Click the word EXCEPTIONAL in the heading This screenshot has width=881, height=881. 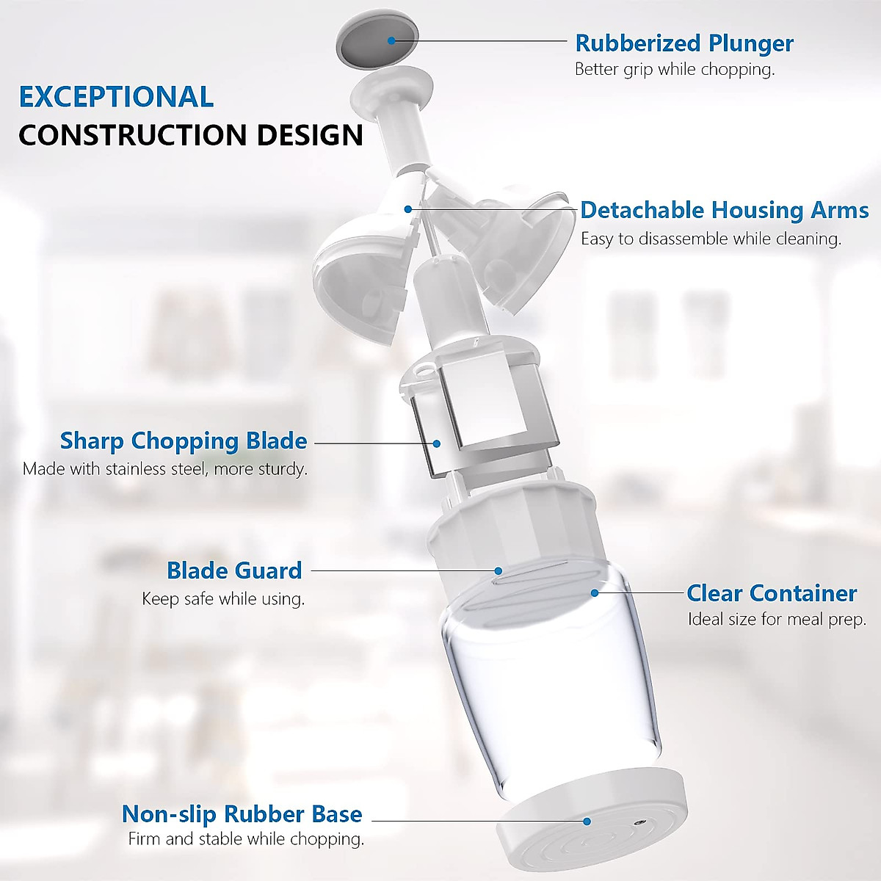click(116, 97)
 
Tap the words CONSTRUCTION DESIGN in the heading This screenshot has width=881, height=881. click(191, 135)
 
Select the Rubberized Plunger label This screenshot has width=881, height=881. click(684, 43)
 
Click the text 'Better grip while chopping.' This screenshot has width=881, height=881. click(675, 70)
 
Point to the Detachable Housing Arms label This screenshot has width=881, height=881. click(724, 211)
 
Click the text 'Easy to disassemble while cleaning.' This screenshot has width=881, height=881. click(711, 239)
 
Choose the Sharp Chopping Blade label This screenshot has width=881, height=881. click(184, 441)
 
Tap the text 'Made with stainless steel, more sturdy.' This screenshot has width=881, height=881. click(165, 469)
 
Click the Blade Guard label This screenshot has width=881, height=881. click(234, 570)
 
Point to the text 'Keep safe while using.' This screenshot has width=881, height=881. click(223, 599)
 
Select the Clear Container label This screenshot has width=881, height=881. click(772, 593)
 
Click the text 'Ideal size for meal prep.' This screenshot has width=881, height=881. click(777, 620)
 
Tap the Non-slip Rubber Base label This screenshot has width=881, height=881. click(242, 814)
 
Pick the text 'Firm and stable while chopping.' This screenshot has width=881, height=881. click(246, 839)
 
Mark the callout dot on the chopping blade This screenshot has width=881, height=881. click(437, 443)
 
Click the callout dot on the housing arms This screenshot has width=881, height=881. click(408, 210)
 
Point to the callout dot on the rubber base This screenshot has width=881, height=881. click(587, 822)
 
